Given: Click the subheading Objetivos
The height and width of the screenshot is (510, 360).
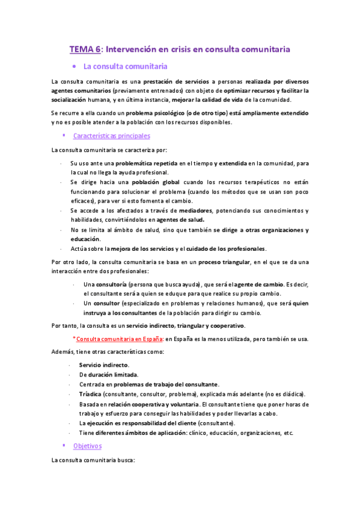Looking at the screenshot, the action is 87,446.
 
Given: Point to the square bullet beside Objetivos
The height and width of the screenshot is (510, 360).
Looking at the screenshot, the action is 64,446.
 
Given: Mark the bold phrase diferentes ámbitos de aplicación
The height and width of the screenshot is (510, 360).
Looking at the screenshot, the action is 136,432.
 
